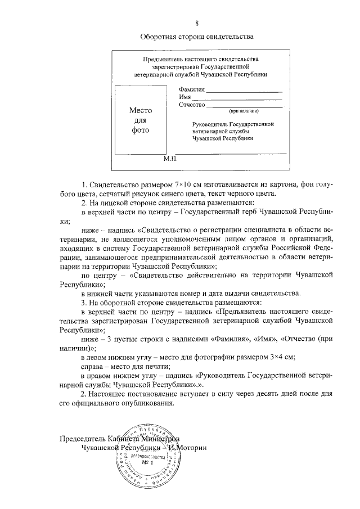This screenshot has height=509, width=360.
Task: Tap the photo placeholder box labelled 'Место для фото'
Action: pyautogui.click(x=141, y=120)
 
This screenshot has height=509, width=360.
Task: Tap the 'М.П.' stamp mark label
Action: pyautogui.click(x=170, y=159)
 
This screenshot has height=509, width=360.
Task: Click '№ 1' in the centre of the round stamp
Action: pyautogui.click(x=147, y=463)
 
